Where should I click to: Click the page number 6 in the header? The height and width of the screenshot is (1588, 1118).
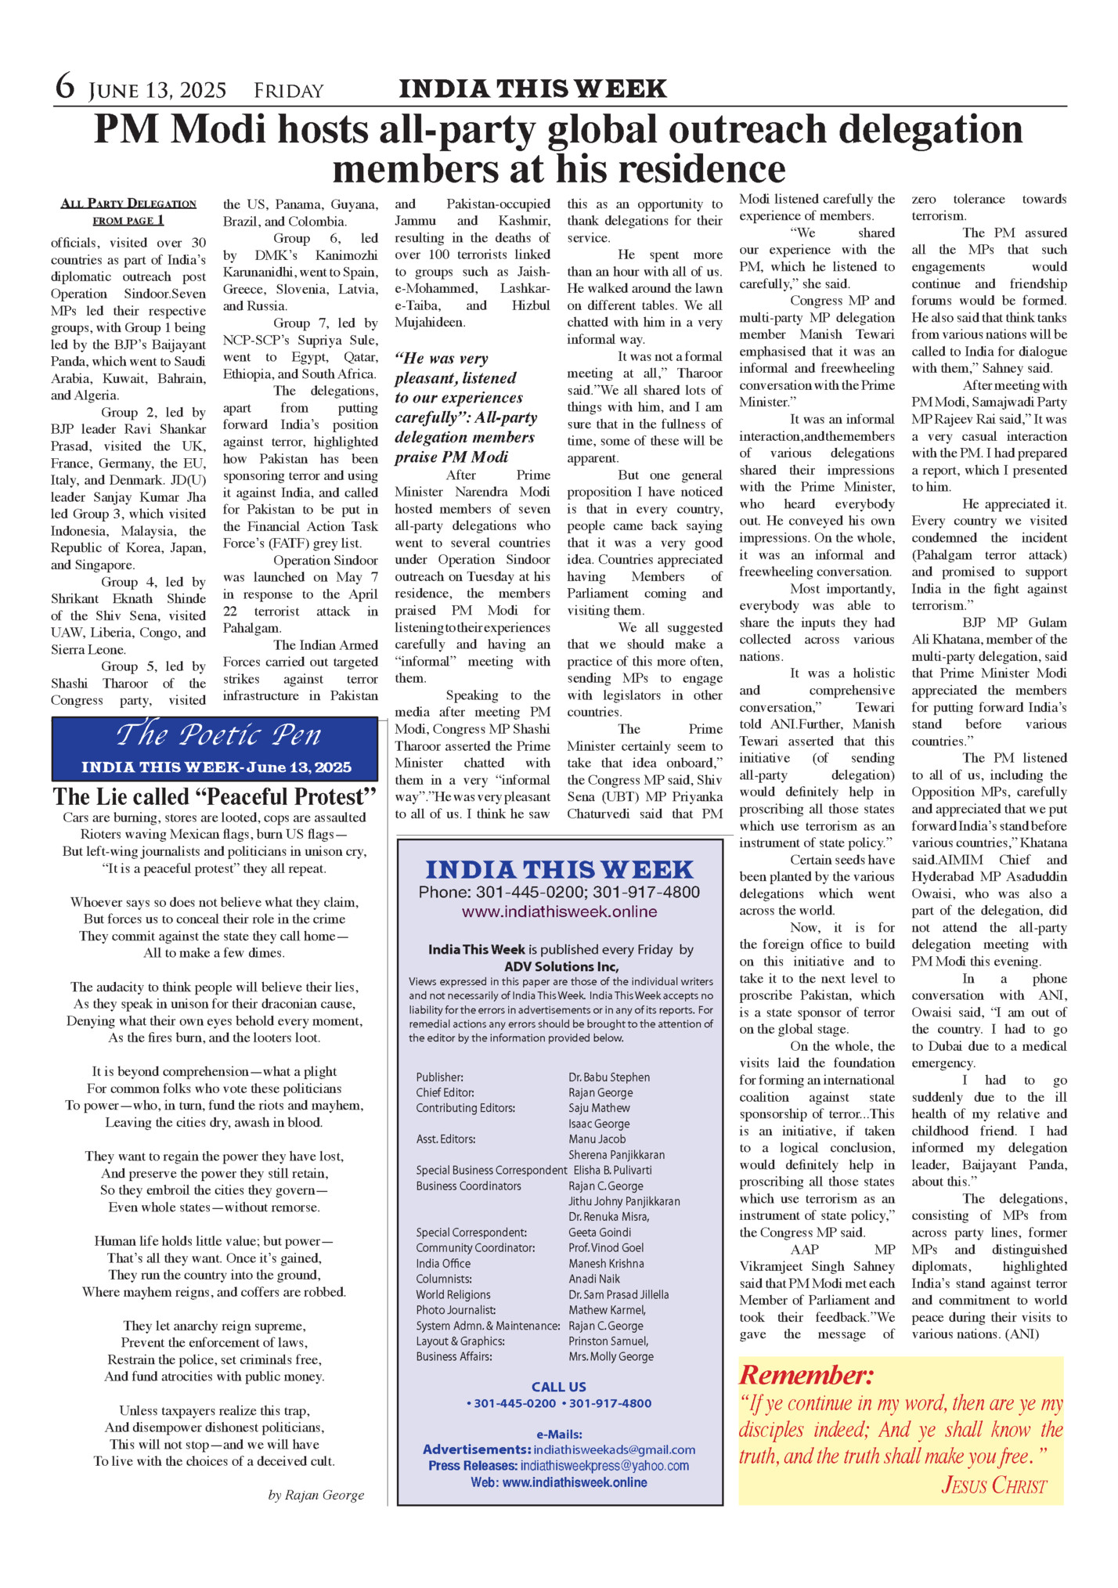click(x=65, y=86)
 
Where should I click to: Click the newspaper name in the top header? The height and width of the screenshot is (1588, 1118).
click(x=532, y=88)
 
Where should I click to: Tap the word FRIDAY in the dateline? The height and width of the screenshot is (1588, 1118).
click(x=288, y=92)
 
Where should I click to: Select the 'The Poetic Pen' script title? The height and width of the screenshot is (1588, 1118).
click(x=218, y=734)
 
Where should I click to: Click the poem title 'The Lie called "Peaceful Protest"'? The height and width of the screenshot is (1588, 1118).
click(x=215, y=796)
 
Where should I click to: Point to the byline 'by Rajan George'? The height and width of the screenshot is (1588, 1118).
click(x=316, y=1495)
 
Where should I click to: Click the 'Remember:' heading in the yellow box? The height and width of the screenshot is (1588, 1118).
click(x=806, y=1375)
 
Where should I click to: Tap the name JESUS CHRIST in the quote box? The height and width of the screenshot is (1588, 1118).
click(x=994, y=1485)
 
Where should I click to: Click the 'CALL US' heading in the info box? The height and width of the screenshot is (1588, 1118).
click(x=558, y=1387)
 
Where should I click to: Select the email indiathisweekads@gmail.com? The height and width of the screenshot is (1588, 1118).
click(x=614, y=1449)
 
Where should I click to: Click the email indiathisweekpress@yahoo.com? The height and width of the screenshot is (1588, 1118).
click(x=604, y=1465)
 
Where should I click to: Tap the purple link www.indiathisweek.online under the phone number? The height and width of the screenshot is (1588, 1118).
click(x=559, y=911)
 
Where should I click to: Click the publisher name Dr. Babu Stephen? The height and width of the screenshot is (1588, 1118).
click(x=608, y=1077)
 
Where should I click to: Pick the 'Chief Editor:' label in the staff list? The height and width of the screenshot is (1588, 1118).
click(x=445, y=1092)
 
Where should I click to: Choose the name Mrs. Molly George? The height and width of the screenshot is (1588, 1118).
click(x=611, y=1356)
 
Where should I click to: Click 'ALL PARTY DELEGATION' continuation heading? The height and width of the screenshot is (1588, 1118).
click(x=128, y=204)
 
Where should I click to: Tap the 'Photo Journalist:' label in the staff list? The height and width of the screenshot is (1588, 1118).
click(x=456, y=1309)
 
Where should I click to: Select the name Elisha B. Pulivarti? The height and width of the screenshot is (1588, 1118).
click(x=612, y=1170)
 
